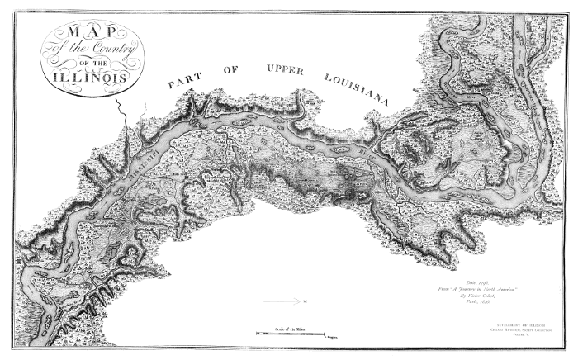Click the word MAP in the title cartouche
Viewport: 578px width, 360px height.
(x=92, y=35)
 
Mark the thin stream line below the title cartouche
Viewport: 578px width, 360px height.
(x=122, y=116)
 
